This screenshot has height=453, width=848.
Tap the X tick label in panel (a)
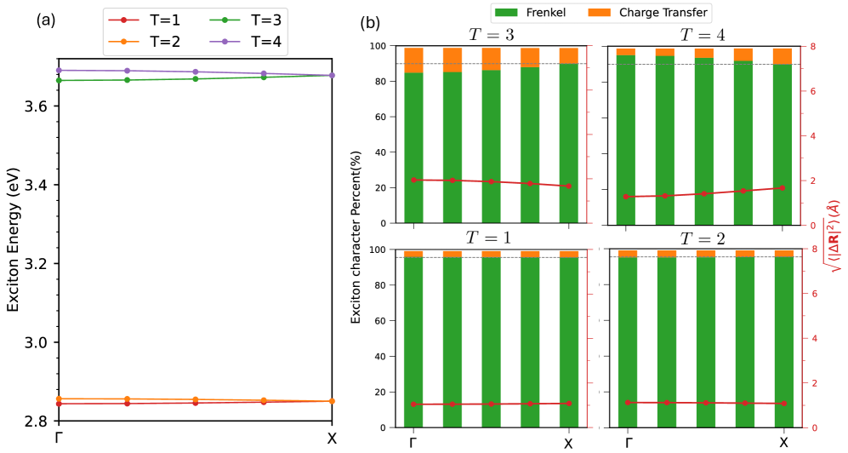pyautogui.click(x=332, y=439)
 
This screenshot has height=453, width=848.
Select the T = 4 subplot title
pyautogui.click(x=705, y=35)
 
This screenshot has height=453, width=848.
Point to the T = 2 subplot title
pyautogui.click(x=705, y=238)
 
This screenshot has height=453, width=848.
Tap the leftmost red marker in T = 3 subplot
pyautogui.click(x=413, y=180)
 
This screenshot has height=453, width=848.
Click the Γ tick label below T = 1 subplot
pyautogui.click(x=413, y=443)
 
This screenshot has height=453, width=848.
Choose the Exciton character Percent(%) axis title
pyautogui.click(x=357, y=237)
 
